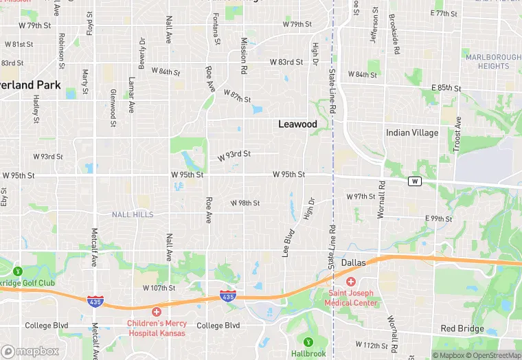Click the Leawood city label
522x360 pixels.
pyautogui.click(x=297, y=124)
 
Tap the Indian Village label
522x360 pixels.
pyautogui.click(x=412, y=133)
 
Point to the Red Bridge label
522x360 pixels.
pyautogui.click(x=462, y=328)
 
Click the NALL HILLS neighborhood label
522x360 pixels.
pyautogui.click(x=133, y=214)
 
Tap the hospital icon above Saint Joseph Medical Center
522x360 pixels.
pyautogui.click(x=351, y=282)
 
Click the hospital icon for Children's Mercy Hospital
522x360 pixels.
pyautogui.click(x=157, y=312)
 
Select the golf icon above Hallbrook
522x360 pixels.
pyautogui.click(x=308, y=341)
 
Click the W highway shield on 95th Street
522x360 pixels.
pyautogui.click(x=414, y=181)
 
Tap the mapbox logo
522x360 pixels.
pyautogui.click(x=31, y=351)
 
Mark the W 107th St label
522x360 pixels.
pyautogui.click(x=159, y=288)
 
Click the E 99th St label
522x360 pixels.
pyautogui.click(x=438, y=218)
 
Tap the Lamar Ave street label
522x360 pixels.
pyautogui.click(x=130, y=93)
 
